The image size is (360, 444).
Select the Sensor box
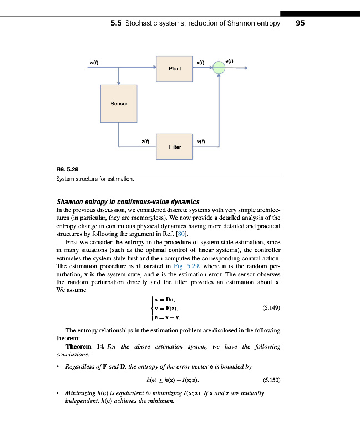coord(119,104)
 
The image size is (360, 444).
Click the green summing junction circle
coord(220,68)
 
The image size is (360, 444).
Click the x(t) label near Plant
coord(201,63)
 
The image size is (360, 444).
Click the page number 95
coord(301,23)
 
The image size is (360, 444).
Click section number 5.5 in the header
coord(116,23)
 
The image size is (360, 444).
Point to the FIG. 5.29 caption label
coord(68,169)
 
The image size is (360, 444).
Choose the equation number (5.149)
coord(271,308)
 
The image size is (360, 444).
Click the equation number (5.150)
coord(271,380)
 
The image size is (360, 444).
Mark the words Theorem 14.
coord(85,346)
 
